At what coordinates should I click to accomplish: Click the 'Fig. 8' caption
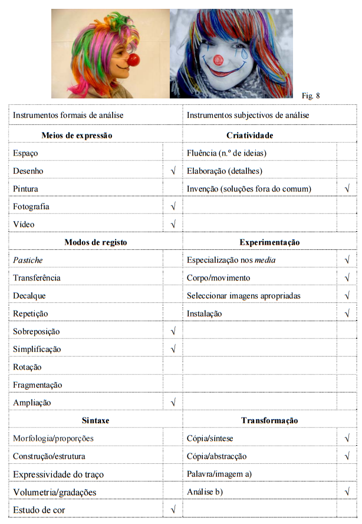310,95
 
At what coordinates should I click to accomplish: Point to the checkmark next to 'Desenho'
173,171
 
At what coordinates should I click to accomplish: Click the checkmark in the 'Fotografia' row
173,207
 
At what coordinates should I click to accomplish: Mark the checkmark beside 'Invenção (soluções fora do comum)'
347,189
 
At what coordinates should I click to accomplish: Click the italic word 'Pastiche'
28,260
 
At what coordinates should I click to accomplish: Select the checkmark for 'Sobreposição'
173,332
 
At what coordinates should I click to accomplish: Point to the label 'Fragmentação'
37,385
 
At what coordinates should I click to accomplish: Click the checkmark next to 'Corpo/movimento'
347,278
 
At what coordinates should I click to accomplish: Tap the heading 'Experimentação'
269,242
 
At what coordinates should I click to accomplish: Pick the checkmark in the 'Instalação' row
347,314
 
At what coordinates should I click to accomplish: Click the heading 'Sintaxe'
96,420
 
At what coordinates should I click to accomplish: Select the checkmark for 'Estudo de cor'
173,509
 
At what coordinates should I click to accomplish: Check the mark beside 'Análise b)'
347,492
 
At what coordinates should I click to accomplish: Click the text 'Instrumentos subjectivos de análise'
248,115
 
